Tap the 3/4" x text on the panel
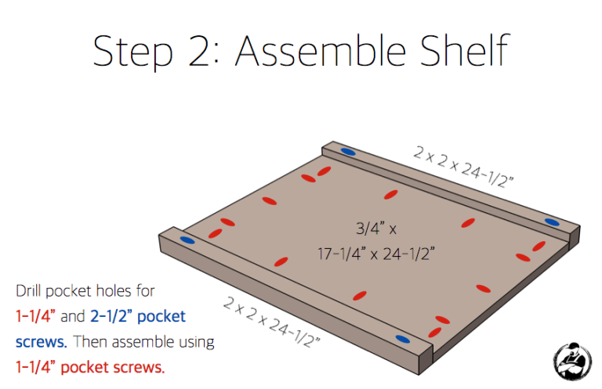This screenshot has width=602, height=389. pyautogui.click(x=376, y=229)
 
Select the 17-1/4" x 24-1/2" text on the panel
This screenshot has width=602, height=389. pyautogui.click(x=376, y=253)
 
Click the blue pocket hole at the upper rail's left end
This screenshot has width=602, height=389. pyautogui.click(x=347, y=153)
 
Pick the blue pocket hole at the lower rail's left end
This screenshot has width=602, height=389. pyautogui.click(x=187, y=240)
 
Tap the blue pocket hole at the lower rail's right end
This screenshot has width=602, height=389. pyautogui.click(x=403, y=339)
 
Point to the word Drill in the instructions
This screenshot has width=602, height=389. pyautogui.click(x=30, y=291)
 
